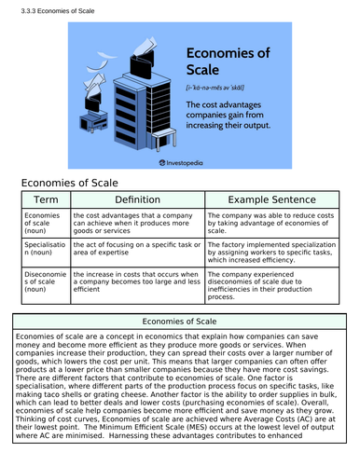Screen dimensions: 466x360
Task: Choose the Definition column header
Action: pos(137,199)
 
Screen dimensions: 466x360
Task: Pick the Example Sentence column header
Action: pos(272,199)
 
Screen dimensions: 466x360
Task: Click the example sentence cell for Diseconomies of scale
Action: pos(272,285)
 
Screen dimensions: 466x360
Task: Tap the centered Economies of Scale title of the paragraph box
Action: pos(179,322)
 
